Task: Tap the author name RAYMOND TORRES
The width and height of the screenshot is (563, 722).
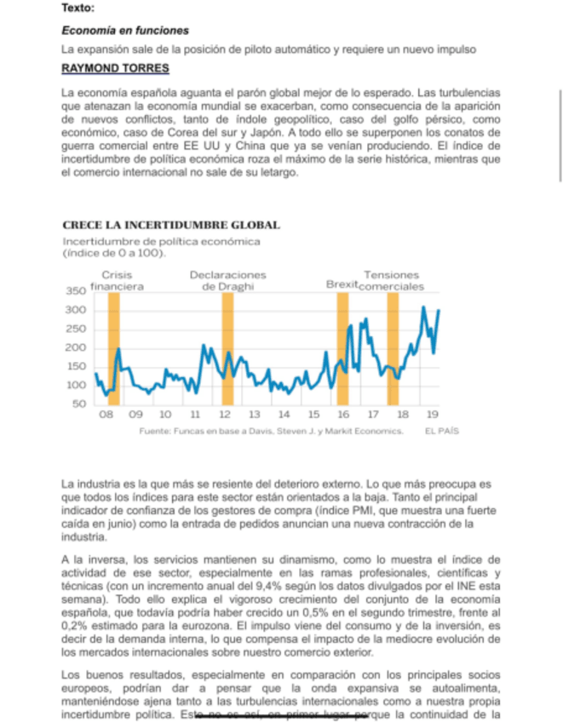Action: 115,68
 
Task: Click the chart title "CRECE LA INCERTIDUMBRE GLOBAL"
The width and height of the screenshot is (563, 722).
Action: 170,225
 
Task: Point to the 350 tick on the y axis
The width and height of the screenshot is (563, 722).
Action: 78,291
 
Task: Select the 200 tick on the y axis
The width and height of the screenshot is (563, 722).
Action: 78,348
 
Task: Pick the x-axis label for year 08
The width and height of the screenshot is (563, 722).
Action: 106,415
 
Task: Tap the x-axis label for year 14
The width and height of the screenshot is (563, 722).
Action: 284,415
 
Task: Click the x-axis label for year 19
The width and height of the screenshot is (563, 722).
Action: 432,415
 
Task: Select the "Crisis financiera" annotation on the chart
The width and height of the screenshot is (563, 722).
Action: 117,281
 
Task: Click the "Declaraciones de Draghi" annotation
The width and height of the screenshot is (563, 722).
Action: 227,281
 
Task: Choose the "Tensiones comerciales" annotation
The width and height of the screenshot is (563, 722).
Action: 392,281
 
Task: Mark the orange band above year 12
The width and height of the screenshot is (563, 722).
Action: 227,349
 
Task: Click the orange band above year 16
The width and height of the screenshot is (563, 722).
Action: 342,349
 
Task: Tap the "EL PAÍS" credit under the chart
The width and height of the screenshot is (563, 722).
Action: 442,432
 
